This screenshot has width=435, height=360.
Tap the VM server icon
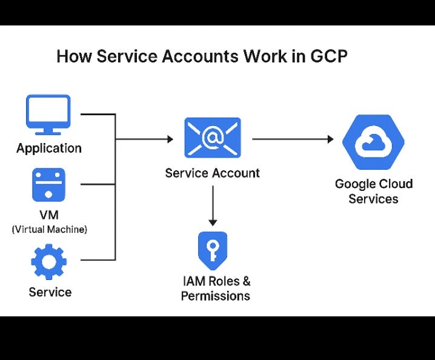coord(48,185)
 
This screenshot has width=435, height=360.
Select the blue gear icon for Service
coord(49,262)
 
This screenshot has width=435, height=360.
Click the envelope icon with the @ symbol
coord(212,138)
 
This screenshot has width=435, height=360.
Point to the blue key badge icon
coord(213,250)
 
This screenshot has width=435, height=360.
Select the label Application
coord(49,148)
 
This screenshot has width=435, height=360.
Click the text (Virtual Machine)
coord(49,229)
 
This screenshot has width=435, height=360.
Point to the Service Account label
coord(212,173)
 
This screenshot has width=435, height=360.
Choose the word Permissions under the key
coord(216,296)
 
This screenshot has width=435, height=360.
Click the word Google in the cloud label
coord(355,184)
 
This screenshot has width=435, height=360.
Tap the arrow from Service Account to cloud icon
coord(292,139)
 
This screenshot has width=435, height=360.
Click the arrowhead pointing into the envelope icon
coord(170,139)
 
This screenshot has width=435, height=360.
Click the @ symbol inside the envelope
coord(213,138)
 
